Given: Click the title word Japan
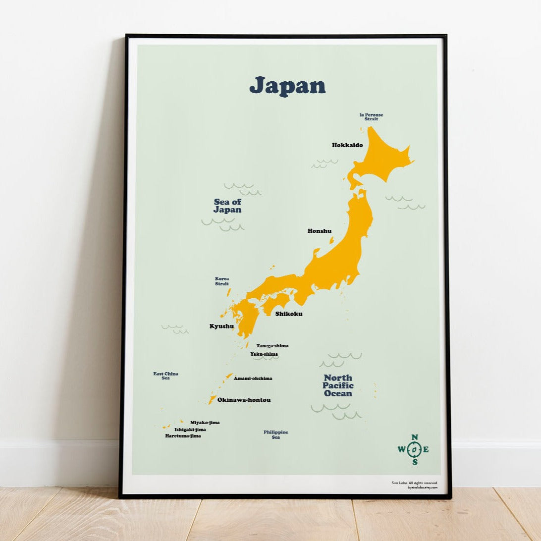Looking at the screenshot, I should tap(287, 86).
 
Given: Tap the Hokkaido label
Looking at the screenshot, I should tap(347, 145).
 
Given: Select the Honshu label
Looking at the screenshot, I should tap(320, 231).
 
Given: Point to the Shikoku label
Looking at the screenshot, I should tap(289, 314).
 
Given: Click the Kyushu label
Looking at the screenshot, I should tap(221, 326).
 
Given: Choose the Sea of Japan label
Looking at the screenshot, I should tap(227, 206).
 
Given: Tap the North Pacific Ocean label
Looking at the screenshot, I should tap(338, 385).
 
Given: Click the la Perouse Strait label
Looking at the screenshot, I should tap(371, 117).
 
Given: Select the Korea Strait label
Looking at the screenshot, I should tap(222, 281).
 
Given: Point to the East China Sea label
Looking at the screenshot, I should tap(165, 376).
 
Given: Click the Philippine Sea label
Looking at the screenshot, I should tap(276, 434).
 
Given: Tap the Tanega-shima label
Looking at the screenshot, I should tap(272, 346).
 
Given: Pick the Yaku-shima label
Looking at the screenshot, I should tap(264, 354).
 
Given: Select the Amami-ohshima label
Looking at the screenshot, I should tap(253, 379).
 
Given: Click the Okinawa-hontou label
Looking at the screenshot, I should tap(244, 400).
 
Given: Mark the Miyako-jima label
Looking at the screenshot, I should tap(205, 423).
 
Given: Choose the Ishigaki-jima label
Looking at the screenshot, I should tap(190, 430).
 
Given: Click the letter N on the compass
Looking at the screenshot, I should tap(415, 437).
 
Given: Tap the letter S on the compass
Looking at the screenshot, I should tap(415, 462).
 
